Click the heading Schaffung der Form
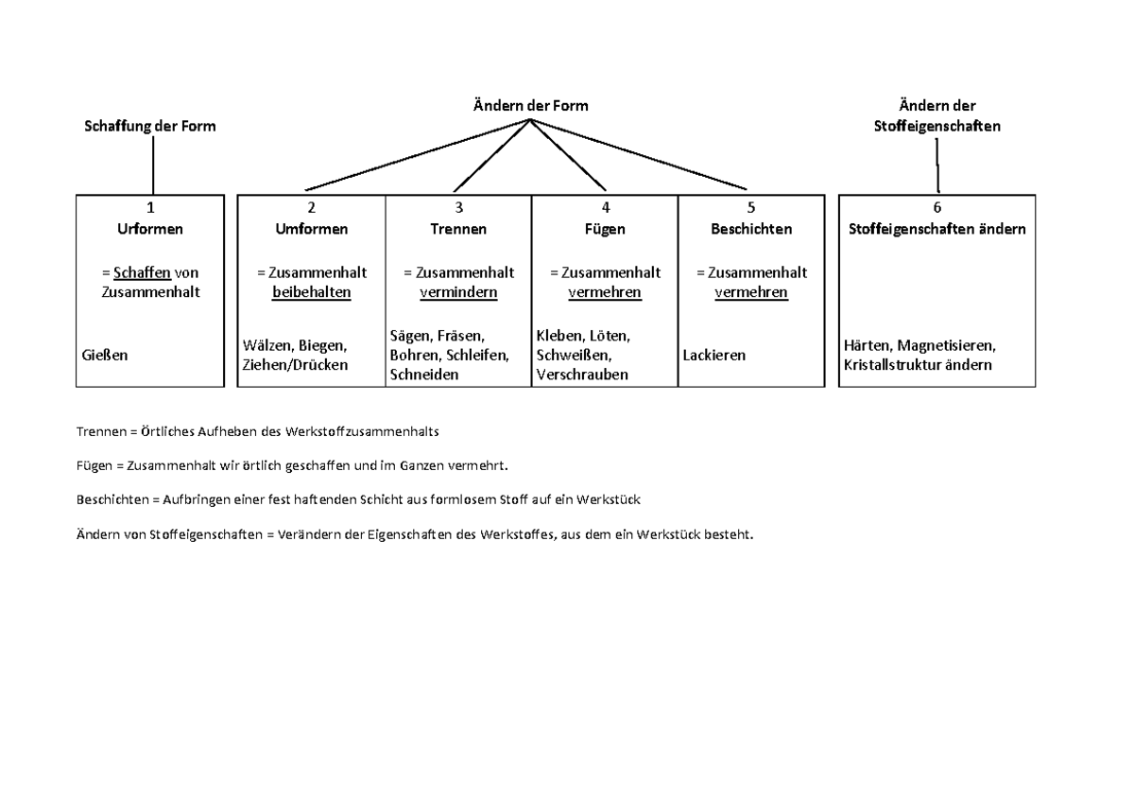(x=150, y=126)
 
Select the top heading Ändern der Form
(x=530, y=105)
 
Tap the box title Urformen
(x=150, y=229)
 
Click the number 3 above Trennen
(x=459, y=208)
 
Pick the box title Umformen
(x=311, y=229)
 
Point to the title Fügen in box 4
(x=605, y=229)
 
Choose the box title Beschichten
(x=751, y=229)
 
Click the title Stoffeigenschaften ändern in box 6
(x=936, y=229)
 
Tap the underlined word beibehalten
(x=311, y=292)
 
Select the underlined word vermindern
(x=458, y=292)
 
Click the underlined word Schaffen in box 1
(x=142, y=272)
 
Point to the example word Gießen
(x=104, y=356)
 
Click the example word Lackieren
(x=713, y=356)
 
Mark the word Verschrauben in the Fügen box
(x=581, y=375)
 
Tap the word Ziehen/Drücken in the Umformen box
(x=295, y=365)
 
